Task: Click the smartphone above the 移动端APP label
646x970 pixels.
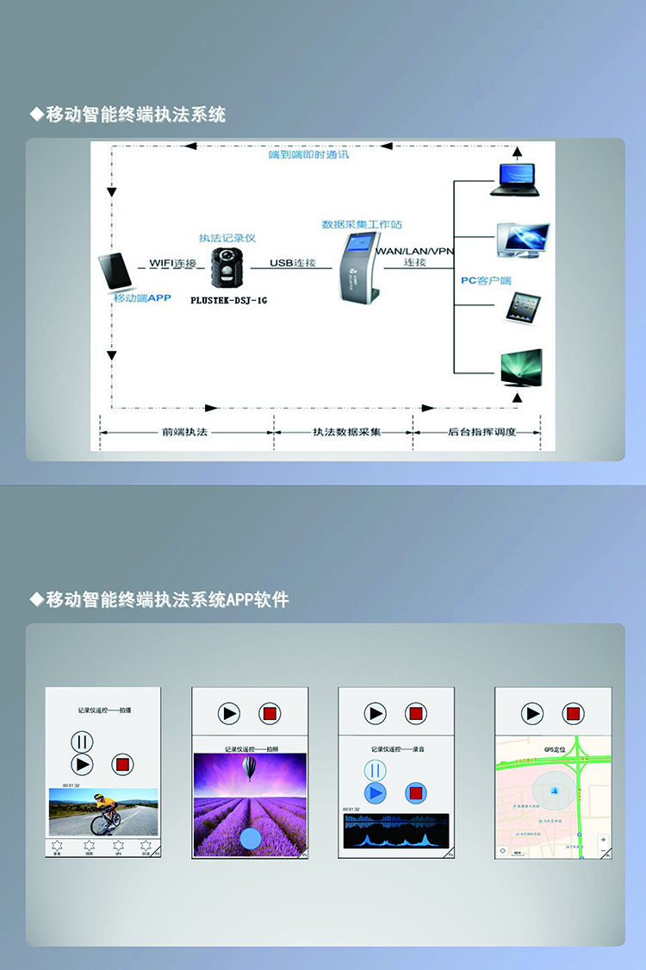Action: tap(115, 271)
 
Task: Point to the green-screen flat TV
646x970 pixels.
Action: tap(521, 367)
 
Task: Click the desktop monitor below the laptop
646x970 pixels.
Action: tap(522, 241)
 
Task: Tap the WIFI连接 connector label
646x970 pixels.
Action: tap(172, 262)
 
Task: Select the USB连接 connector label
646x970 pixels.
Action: tap(292, 262)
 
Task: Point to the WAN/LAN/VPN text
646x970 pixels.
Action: tap(414, 251)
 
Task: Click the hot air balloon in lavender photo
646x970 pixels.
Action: tap(250, 767)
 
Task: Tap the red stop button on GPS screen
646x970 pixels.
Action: tap(573, 714)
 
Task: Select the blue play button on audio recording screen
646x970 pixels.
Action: tap(375, 792)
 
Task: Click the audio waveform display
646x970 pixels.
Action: tap(394, 831)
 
